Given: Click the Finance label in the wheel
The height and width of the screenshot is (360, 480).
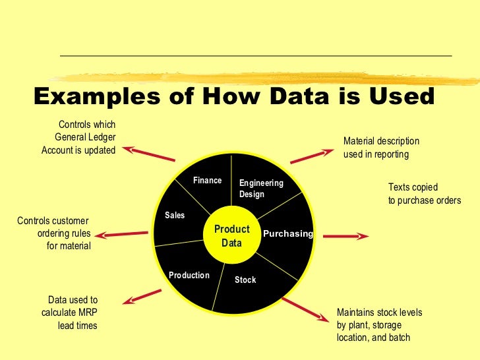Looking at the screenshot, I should (207, 181).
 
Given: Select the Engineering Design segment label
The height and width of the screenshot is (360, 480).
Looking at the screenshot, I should (260, 189).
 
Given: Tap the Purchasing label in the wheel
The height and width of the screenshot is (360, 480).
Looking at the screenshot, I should (287, 234).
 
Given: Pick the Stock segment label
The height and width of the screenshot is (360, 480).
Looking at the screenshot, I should (245, 280).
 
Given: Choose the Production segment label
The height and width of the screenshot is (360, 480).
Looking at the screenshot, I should (189, 276).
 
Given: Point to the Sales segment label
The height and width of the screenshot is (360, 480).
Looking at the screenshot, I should (175, 216).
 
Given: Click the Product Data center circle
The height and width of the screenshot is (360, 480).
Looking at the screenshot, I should (231, 236).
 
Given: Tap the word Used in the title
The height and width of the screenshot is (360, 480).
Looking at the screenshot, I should (402, 97).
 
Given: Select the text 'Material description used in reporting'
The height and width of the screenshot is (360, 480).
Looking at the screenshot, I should (381, 148).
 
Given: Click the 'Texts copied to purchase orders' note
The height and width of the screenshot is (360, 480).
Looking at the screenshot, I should (424, 194).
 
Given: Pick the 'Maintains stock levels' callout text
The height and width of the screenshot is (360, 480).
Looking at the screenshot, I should (379, 325).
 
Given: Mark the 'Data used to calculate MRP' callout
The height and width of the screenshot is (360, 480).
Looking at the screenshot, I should (69, 313).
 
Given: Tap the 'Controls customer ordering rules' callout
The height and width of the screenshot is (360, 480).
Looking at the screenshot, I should (54, 233).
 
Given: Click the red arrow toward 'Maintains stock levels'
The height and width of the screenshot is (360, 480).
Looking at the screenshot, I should (305, 311).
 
